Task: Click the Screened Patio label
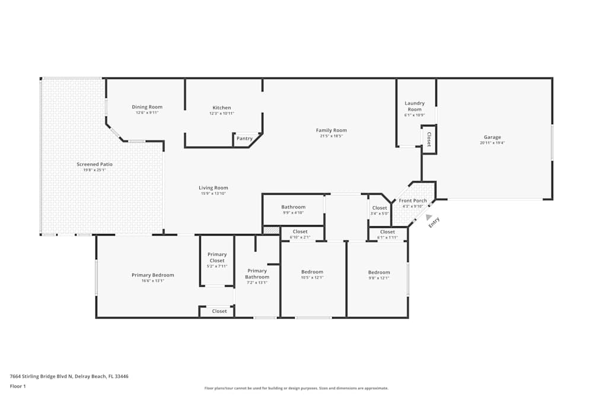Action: point(94,164)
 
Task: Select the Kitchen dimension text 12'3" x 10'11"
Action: point(222,113)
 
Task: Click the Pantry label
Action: point(244,139)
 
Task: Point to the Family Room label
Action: point(331,130)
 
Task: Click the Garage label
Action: point(492,137)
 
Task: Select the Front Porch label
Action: point(413,201)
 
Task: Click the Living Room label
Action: point(213,188)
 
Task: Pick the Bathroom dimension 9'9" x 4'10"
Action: point(293,213)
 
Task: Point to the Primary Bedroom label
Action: point(153,275)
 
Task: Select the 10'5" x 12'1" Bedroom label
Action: point(312,272)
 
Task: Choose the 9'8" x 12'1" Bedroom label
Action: point(379,272)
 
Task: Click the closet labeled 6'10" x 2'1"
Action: point(300,232)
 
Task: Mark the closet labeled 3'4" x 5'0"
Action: point(380,208)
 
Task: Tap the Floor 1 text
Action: point(18,386)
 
